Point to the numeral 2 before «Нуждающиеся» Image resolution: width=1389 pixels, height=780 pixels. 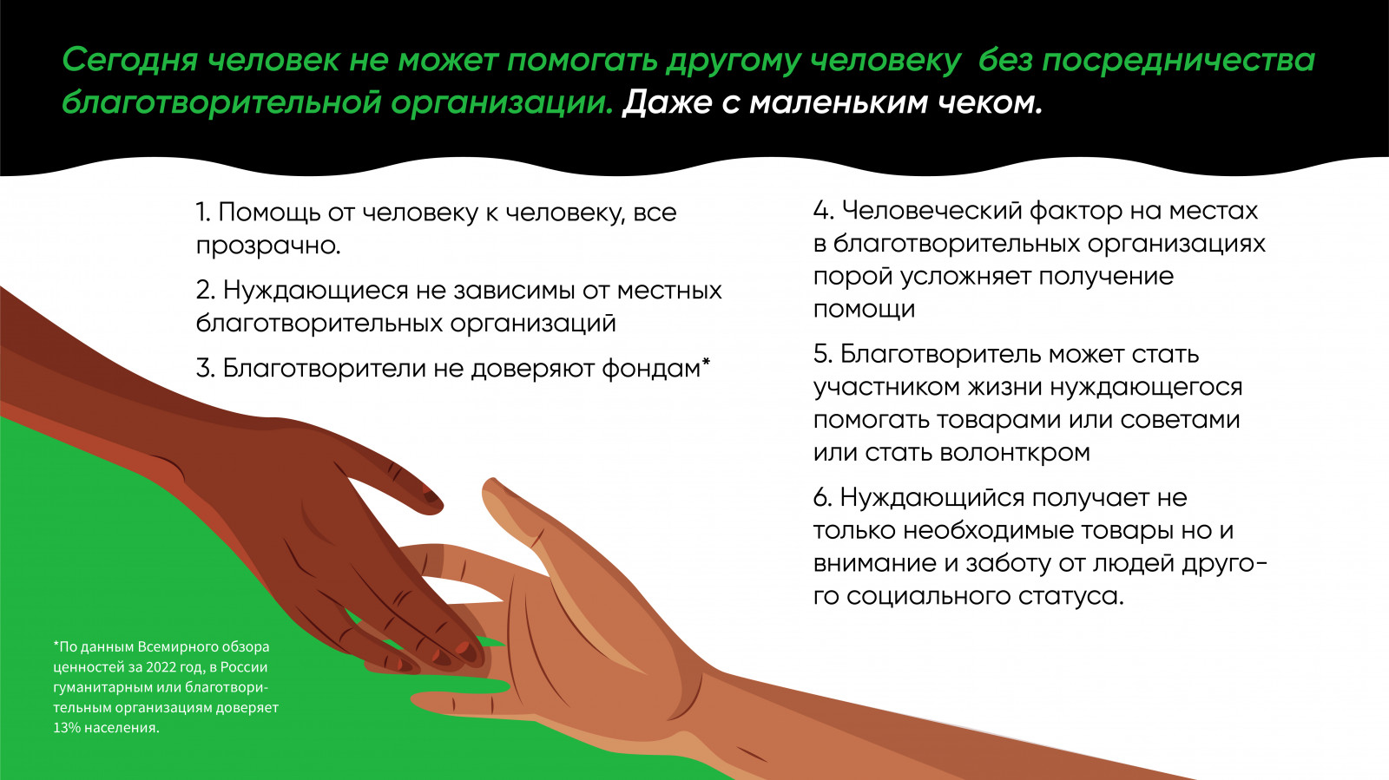pos(204,290)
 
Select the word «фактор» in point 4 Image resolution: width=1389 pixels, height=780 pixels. pos(1076,211)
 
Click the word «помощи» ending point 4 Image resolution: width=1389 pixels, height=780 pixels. pos(864,309)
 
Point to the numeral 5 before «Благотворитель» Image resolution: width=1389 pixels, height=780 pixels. pos(821,354)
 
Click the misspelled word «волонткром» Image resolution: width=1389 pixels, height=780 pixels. pos(1015,453)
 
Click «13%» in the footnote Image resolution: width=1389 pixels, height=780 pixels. pos(67,727)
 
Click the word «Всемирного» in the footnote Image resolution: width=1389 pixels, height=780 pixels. pos(172,646)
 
